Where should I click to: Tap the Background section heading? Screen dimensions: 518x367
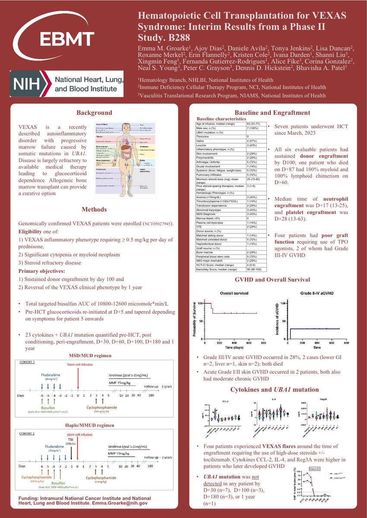click(x=94, y=113)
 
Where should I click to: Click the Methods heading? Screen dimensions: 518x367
click(x=94, y=210)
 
